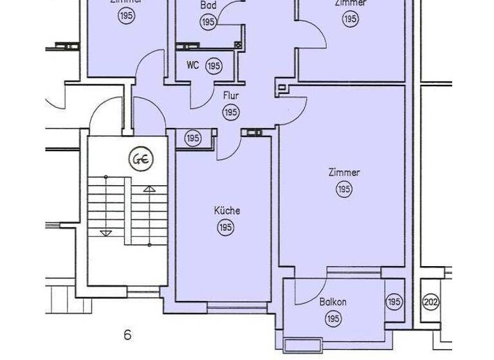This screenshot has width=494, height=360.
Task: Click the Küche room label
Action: tap(227, 211)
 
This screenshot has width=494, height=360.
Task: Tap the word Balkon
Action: tap(333, 302)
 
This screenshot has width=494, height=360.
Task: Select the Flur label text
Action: tap(231, 96)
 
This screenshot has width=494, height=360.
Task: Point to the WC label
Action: tap(193, 66)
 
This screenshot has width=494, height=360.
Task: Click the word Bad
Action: tap(208, 6)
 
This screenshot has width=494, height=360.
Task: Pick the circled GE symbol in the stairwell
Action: tap(139, 159)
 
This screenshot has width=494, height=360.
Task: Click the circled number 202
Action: tap(431, 301)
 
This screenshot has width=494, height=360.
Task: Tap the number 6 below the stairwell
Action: tap(127, 335)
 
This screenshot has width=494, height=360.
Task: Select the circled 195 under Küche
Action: tap(226, 228)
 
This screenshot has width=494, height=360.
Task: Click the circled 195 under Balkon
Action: tap(333, 318)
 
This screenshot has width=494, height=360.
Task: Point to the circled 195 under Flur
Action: tap(231, 113)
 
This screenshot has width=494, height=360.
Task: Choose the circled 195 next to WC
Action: tap(214, 66)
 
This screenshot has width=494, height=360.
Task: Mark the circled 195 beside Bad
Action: tap(208, 22)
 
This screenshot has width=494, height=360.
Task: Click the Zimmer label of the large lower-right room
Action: tap(344, 173)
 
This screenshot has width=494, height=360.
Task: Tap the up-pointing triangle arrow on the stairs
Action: tap(149, 189)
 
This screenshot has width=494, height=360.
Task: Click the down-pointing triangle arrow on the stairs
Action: tap(107, 233)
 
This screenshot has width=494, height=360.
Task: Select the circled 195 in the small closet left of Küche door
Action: tap(193, 138)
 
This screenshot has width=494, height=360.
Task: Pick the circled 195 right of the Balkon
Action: tap(394, 301)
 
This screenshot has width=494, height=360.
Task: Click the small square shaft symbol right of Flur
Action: tap(281, 87)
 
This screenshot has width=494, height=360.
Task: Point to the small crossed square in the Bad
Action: tap(238, 45)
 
